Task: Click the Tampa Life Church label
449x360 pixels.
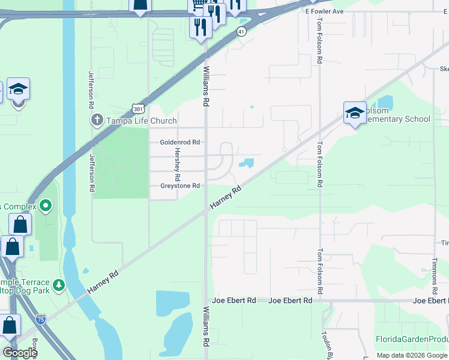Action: (x=141, y=121)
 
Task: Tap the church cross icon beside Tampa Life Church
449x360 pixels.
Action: (x=97, y=120)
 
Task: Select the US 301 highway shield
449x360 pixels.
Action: (x=137, y=108)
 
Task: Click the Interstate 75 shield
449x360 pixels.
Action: (x=41, y=319)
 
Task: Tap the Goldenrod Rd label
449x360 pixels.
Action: (x=179, y=142)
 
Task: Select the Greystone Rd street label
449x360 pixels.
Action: (x=179, y=186)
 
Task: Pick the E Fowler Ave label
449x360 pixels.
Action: (x=324, y=11)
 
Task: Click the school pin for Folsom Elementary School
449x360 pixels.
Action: (x=355, y=112)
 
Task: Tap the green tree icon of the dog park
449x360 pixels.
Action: (x=58, y=284)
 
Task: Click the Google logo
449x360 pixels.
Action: (x=20, y=353)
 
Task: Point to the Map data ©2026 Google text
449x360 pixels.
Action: (x=411, y=355)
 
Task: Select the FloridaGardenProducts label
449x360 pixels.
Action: (x=412, y=339)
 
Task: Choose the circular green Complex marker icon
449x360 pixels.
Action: (x=46, y=207)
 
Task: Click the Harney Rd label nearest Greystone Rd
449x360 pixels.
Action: (x=226, y=198)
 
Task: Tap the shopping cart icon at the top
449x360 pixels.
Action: (x=197, y=5)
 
